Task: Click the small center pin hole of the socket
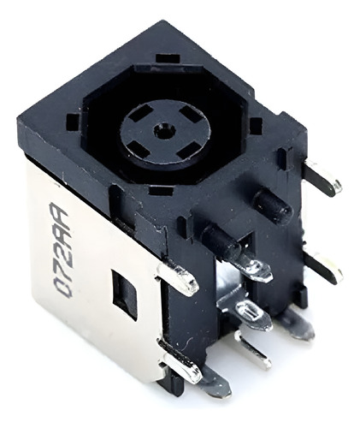point(162,130)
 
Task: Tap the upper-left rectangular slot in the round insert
point(140,114)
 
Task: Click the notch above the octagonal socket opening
point(168,58)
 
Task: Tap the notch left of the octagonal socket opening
point(73,121)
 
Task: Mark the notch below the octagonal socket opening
point(162,191)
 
